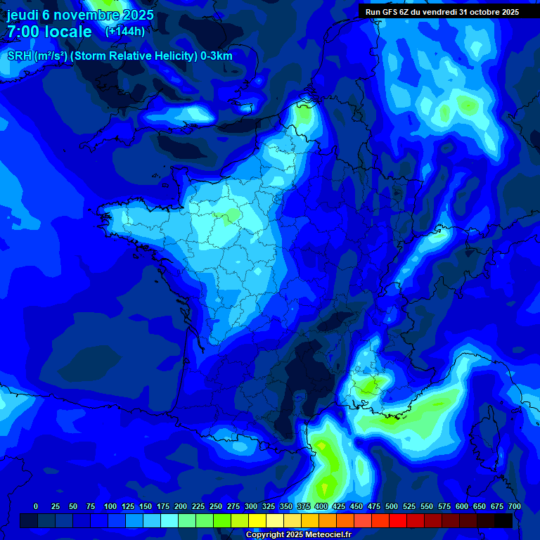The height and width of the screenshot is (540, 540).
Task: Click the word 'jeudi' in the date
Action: (22, 15)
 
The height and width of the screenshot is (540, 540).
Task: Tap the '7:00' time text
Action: (25, 32)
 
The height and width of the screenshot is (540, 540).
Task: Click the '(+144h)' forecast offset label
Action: (124, 31)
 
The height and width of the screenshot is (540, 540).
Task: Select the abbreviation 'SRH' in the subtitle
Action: (20, 56)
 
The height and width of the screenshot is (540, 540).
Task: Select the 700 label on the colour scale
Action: (514, 506)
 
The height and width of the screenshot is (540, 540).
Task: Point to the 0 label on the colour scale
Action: (36, 506)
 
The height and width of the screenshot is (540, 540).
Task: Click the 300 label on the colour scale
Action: (251, 506)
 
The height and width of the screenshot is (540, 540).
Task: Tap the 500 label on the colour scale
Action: (392, 506)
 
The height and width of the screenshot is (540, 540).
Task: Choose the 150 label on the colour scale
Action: (146, 506)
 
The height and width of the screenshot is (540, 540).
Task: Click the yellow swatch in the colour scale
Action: (257, 521)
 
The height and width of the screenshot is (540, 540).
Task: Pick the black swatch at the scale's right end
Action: (503, 521)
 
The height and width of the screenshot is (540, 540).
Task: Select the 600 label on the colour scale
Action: (462, 506)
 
